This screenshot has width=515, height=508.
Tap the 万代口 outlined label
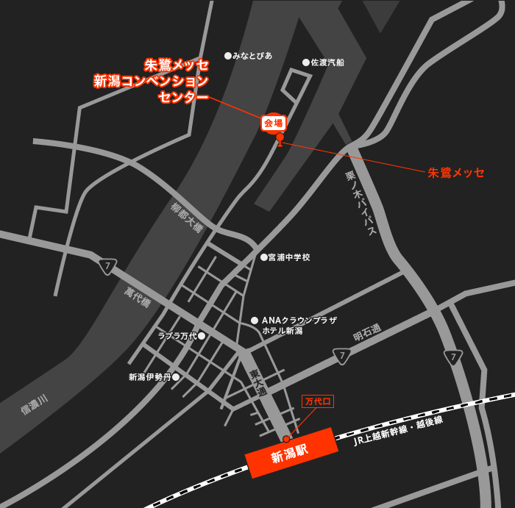318,401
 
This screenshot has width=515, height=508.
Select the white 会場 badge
274,123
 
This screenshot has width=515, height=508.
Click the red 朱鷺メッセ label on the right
456,173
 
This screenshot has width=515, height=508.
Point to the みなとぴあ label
252,56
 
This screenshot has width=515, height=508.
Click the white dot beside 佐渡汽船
306,62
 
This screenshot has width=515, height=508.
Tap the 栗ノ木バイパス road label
361,202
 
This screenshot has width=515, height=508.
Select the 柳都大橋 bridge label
187,217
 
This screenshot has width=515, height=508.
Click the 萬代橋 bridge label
138,297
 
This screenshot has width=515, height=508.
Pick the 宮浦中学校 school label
289,257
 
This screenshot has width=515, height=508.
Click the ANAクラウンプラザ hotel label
299,321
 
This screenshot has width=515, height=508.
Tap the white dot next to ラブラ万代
202,336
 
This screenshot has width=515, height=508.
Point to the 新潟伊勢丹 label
149,377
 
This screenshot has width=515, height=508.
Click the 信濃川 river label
34,404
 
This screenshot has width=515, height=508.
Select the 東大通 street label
258,382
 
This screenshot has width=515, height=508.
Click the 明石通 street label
367,332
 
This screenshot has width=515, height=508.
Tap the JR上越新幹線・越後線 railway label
398,430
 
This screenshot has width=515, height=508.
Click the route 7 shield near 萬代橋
108,266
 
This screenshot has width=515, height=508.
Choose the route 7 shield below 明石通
342,357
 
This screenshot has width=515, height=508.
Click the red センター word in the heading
183,97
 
